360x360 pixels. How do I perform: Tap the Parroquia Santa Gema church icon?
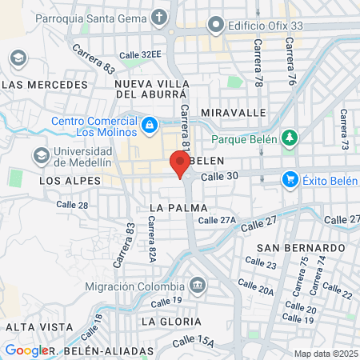[x=160, y=16]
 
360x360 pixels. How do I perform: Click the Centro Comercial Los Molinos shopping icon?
[x=149, y=126]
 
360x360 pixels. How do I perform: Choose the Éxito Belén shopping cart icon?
[x=290, y=180]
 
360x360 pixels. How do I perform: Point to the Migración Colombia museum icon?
[x=197, y=286]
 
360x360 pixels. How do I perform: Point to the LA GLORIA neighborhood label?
[x=170, y=321]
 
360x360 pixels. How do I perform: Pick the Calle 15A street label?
[x=194, y=342]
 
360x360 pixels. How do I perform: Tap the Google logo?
[x=26, y=350]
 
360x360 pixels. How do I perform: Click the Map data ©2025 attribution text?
[x=326, y=354]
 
